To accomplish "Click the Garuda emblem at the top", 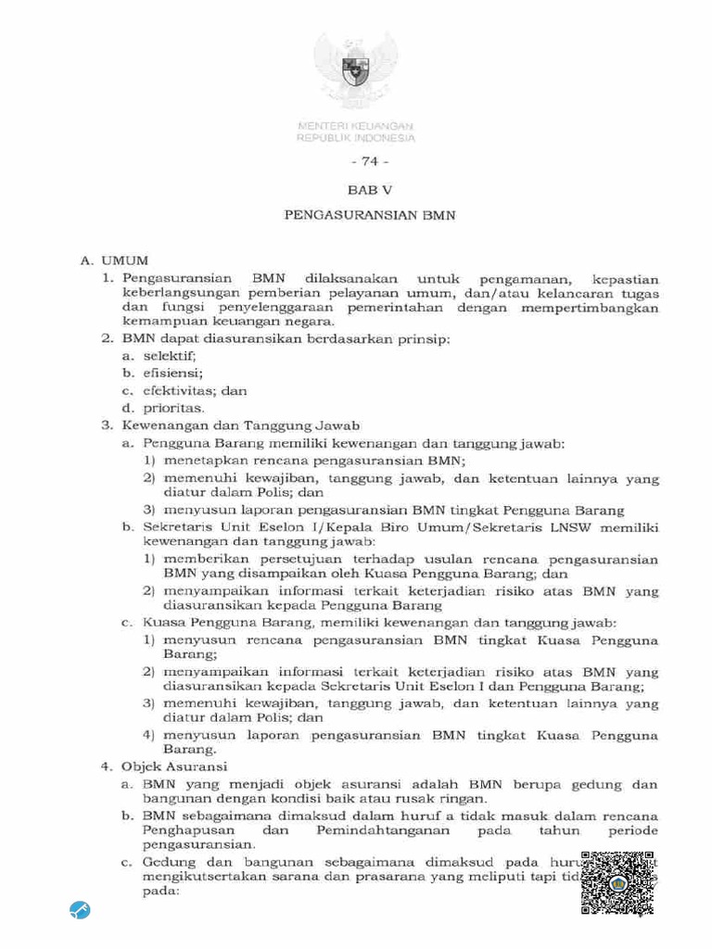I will click(x=356, y=69).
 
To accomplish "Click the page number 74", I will click(x=356, y=160).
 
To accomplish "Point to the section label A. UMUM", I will click(x=114, y=263).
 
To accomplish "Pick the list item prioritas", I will click(x=173, y=408).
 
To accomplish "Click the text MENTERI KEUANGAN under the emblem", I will click(x=356, y=126).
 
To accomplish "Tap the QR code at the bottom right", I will click(x=618, y=884).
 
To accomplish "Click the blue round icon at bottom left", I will click(x=80, y=910).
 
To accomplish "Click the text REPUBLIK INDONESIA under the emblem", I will click(x=356, y=138).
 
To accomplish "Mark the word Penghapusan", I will click(x=189, y=830).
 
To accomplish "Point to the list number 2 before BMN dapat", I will click(x=107, y=339).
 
